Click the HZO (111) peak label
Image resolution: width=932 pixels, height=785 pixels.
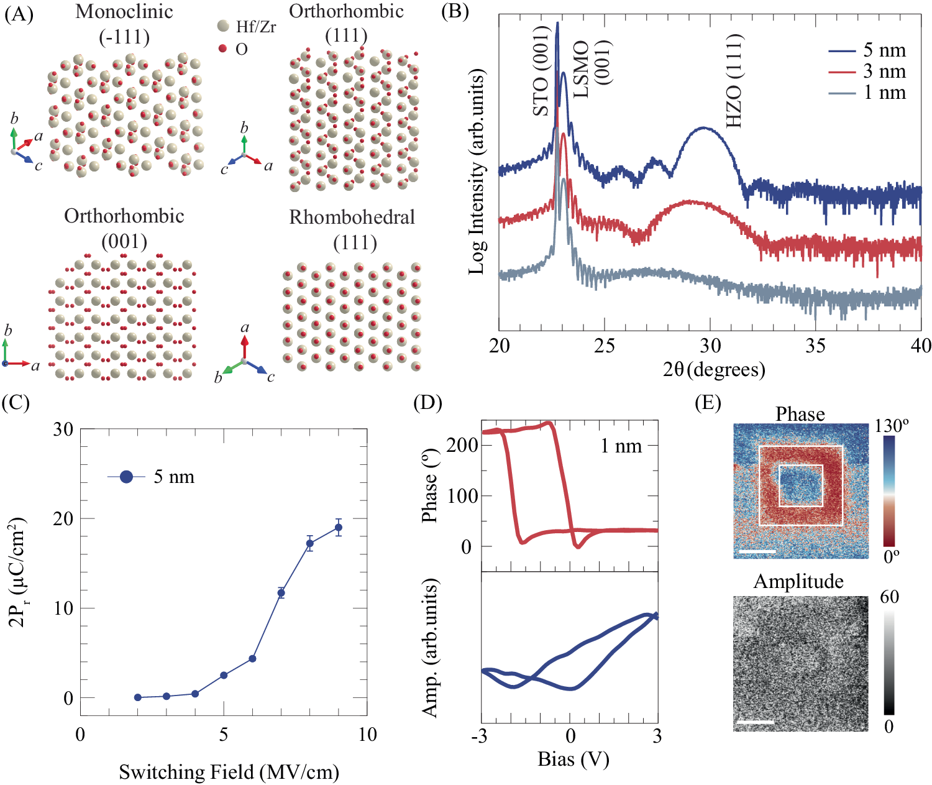click(734, 81)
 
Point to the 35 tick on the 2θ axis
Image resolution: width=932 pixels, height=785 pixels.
click(816, 346)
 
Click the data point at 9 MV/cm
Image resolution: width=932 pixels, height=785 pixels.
click(339, 528)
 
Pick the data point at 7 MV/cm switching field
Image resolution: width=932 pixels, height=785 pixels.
click(281, 593)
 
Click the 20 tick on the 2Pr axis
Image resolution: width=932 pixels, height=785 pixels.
click(63, 518)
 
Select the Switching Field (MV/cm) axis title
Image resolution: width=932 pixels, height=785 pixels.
click(229, 772)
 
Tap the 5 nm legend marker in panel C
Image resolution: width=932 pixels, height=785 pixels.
click(126, 477)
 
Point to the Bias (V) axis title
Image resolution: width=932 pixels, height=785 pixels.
click(573, 759)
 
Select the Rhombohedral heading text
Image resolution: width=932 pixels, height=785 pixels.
click(352, 217)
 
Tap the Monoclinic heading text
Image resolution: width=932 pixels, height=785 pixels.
click(124, 12)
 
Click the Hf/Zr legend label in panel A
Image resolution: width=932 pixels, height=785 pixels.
click(256, 27)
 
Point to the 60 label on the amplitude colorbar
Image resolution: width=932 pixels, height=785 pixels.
click(889, 597)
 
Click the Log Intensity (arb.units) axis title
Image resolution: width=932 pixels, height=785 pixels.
click(477, 172)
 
